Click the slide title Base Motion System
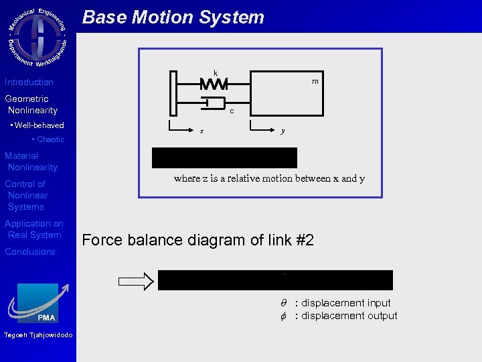tap(173, 17)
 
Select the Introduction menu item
tap(29, 82)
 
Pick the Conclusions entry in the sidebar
tap(30, 252)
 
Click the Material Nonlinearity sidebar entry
tap(31, 162)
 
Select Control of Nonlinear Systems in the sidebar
tap(27, 195)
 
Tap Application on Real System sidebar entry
tap(34, 229)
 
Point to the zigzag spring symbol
tap(214, 84)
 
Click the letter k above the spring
tap(216, 72)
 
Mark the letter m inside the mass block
tap(315, 82)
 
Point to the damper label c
tap(232, 111)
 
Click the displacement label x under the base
tap(202, 131)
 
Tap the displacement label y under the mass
tap(283, 131)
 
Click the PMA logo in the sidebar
tap(38, 305)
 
